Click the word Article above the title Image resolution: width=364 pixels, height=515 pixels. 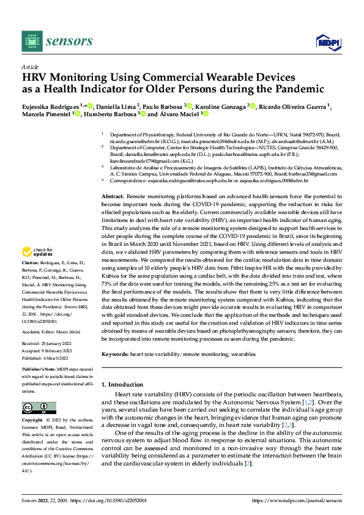click(29, 67)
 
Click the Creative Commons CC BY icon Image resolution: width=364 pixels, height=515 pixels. click(35, 408)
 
